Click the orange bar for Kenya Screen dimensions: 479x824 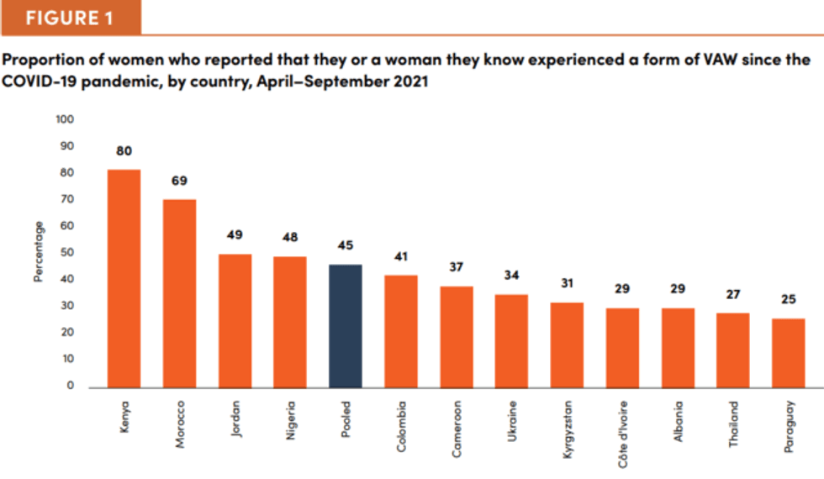click(124, 278)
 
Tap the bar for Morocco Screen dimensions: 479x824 click(179, 293)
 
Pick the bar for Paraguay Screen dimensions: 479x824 click(788, 353)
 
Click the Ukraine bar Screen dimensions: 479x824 click(511, 341)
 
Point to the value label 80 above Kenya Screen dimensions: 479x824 click(124, 151)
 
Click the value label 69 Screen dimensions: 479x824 click(179, 181)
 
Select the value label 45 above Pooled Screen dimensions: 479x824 click(346, 246)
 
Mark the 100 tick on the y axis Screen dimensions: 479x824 click(66, 120)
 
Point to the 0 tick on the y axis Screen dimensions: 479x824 click(71, 387)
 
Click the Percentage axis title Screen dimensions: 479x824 click(38, 252)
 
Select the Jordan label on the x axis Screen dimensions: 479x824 click(235, 424)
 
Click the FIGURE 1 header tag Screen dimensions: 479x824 click(70, 18)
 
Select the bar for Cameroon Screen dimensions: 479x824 click(457, 336)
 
